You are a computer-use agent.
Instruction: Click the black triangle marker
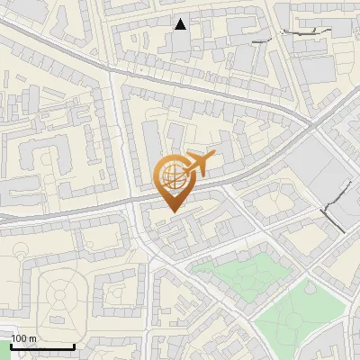click(x=181, y=24)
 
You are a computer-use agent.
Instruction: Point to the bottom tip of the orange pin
click(x=174, y=213)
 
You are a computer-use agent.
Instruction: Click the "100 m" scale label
click(x=23, y=337)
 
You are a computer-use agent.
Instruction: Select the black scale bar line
click(x=42, y=346)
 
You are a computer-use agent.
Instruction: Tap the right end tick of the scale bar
click(x=74, y=345)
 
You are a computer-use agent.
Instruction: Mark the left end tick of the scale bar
click(x=11, y=345)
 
